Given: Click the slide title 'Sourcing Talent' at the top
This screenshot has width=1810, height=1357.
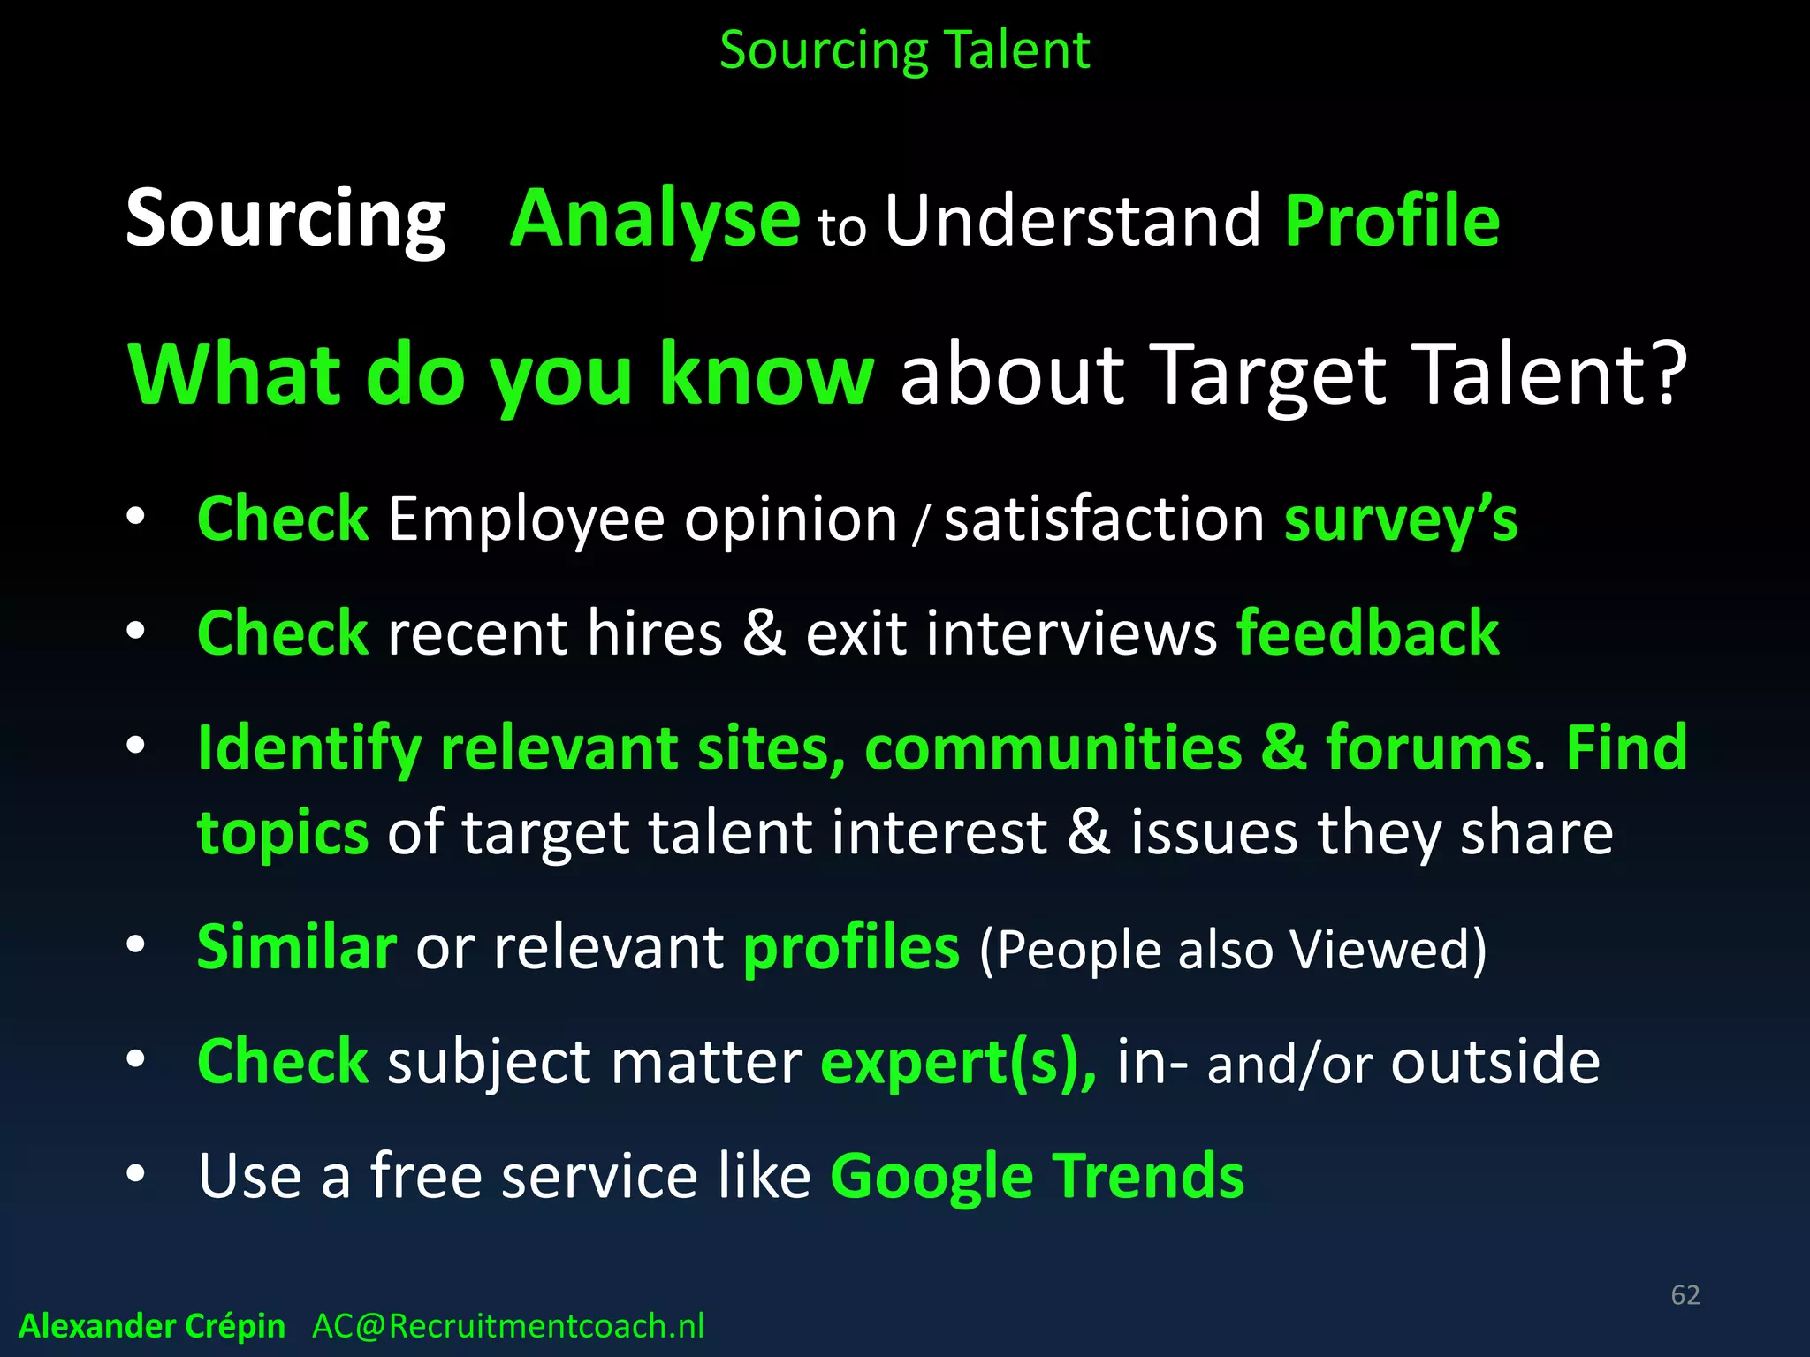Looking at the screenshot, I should coord(904,50).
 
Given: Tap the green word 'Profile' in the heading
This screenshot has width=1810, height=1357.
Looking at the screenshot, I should coord(1392,221).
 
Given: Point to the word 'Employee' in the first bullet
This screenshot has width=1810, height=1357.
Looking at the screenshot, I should coord(526,519).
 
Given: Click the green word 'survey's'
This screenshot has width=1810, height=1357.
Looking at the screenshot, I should coord(1401,520).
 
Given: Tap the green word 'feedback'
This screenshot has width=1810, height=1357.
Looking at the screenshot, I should coord(1367,633).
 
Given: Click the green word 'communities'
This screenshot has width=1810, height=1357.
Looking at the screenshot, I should coord(1053,748).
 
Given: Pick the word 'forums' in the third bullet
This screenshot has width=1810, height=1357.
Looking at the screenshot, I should coord(1428,748).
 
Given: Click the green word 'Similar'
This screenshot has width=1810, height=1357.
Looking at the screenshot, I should coord(297,947).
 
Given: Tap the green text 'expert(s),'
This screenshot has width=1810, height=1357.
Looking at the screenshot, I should coord(959,1062).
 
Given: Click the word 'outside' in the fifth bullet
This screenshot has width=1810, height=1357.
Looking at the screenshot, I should coord(1495,1061).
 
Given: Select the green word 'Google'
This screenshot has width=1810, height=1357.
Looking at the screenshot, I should coord(932,1178).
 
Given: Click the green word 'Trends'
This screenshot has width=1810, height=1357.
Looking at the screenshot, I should coord(1148,1176).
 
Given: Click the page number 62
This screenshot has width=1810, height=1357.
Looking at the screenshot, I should coord(1685,1295).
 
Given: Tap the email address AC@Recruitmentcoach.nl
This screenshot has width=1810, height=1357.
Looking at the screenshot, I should coord(508,1326).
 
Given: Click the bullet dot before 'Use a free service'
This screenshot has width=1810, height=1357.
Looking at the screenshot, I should coord(135,1175).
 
